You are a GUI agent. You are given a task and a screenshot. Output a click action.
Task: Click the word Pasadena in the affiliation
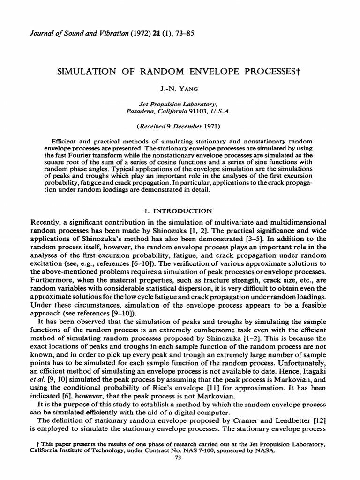142,111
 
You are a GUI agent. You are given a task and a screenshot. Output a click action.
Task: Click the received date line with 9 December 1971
180,126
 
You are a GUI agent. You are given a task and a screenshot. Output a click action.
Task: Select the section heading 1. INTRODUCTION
180,211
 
